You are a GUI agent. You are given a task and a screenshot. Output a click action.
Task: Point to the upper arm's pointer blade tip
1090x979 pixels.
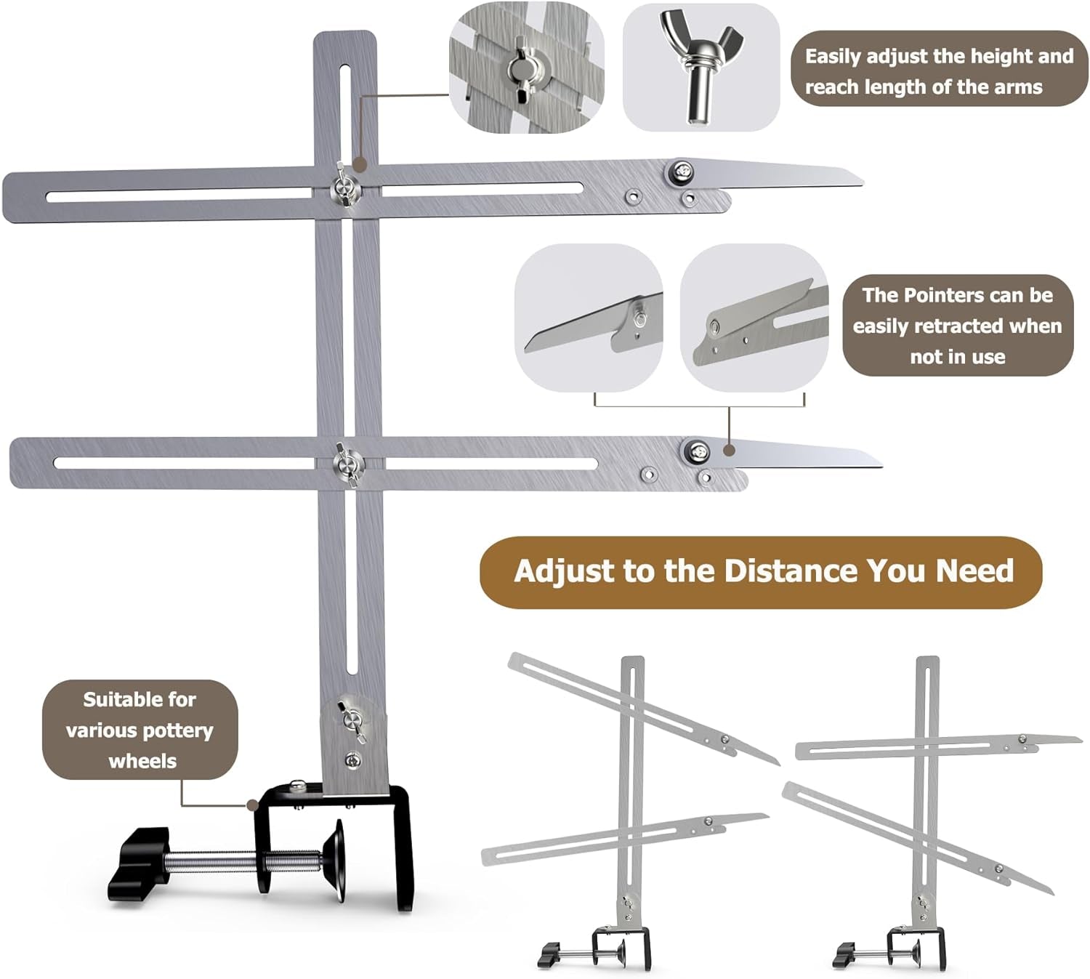pyautogui.click(x=862, y=184)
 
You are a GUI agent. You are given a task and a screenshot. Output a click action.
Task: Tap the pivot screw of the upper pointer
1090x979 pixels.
pyautogui.click(x=682, y=172)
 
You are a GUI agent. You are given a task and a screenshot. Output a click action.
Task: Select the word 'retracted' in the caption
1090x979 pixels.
pyautogui.click(x=956, y=326)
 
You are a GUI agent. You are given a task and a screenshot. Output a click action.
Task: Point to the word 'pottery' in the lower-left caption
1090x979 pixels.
pyautogui.click(x=177, y=730)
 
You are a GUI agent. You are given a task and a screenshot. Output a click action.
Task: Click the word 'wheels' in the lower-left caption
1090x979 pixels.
pyautogui.click(x=142, y=761)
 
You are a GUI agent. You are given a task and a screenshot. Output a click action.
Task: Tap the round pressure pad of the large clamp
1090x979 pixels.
pyautogui.click(x=334, y=860)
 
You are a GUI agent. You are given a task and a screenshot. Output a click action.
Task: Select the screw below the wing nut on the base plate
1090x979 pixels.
pyautogui.click(x=353, y=760)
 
